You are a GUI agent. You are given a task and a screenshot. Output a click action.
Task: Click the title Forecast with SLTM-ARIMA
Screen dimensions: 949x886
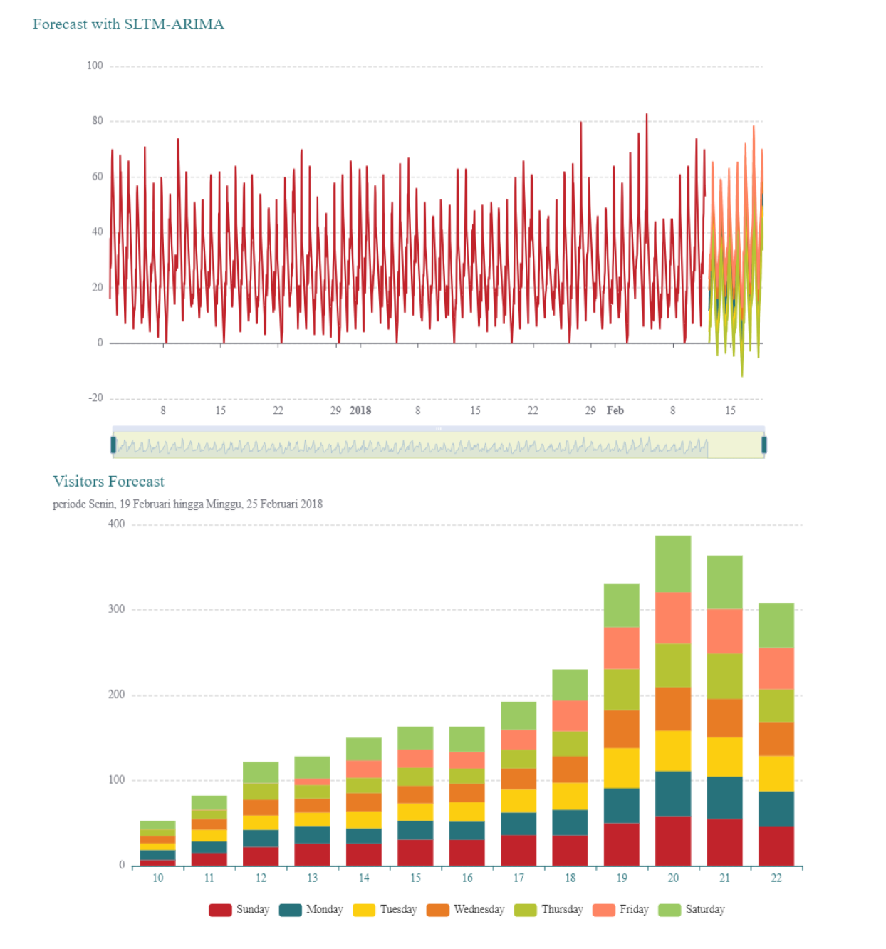point(128,24)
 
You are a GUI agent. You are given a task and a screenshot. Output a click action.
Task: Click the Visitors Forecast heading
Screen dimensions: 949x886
point(108,482)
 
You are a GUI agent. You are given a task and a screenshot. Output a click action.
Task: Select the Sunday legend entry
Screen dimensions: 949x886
point(239,910)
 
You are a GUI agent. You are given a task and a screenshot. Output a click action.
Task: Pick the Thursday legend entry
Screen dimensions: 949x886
point(548,910)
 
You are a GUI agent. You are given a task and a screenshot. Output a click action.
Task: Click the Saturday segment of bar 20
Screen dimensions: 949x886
point(673,564)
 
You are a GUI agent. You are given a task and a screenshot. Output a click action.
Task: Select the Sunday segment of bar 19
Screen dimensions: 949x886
point(621,844)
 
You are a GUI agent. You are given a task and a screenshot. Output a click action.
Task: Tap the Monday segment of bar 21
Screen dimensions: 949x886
point(724,797)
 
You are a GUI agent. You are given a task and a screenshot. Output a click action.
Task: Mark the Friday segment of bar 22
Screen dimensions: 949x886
point(776,668)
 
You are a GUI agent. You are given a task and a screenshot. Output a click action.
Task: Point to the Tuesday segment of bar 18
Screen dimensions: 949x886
point(570,796)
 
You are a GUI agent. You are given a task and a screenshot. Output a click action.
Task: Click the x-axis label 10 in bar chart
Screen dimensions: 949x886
point(158,878)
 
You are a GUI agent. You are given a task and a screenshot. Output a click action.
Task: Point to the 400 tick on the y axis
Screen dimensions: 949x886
point(116,524)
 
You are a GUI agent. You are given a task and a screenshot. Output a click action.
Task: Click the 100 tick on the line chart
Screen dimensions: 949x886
point(95,66)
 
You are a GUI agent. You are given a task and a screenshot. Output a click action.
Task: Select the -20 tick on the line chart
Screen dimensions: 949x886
point(95,398)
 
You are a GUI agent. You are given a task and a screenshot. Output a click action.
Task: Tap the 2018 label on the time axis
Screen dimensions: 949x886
point(360,410)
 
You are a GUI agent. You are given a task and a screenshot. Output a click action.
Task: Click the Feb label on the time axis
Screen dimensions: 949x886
point(615,410)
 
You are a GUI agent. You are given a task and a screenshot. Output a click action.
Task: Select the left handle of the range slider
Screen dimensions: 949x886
point(113,445)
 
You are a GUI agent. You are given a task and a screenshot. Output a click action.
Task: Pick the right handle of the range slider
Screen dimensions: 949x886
point(764,445)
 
